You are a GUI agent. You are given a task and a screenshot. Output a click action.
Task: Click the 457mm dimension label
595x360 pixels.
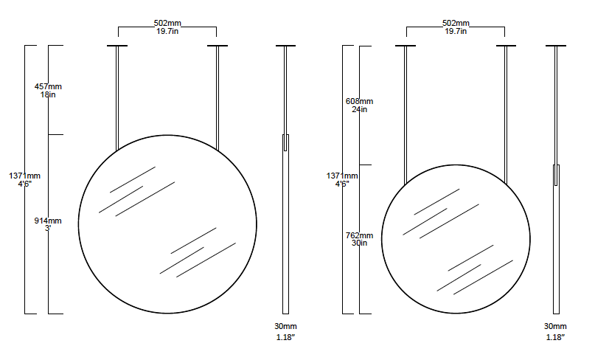pos(48,86)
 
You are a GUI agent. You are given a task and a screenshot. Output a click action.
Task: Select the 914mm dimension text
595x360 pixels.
pos(48,221)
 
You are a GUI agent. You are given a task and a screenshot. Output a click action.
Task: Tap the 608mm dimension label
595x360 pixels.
pos(359,101)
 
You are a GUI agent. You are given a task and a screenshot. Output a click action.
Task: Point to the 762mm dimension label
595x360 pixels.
pos(359,235)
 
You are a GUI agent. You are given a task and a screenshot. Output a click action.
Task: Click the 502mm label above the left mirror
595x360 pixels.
pos(167,23)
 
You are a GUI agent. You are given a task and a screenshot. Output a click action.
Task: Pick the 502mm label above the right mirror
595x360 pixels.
pos(456,23)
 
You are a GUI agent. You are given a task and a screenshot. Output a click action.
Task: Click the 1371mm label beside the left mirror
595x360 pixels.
pos(24,176)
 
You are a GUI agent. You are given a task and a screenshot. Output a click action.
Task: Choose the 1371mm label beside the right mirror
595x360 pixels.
pos(342,176)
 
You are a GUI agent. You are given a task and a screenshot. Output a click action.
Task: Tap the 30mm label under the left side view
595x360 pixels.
pos(286,326)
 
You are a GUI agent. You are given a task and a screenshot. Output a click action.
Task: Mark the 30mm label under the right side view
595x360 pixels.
pos(555,326)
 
